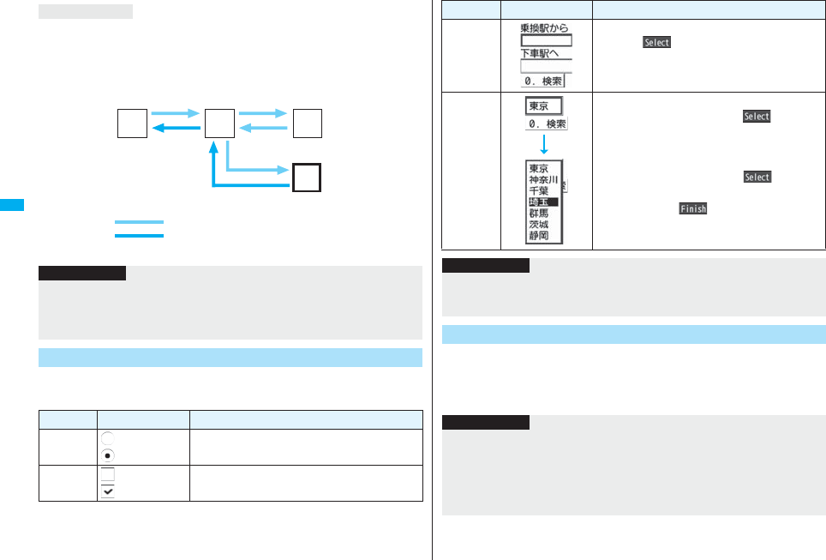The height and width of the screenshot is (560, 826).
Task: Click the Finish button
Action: click(x=692, y=208)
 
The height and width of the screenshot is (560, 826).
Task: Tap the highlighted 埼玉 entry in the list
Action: click(x=542, y=202)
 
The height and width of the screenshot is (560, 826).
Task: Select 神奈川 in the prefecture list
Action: click(x=543, y=180)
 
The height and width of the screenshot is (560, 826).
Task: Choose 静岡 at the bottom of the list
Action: click(x=539, y=236)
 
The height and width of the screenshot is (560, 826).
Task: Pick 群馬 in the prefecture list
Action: click(x=539, y=214)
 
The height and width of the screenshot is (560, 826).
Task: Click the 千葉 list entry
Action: click(x=539, y=191)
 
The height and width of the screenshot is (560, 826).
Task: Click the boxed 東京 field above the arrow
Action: click(x=543, y=106)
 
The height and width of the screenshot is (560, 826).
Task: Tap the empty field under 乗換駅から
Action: click(x=546, y=39)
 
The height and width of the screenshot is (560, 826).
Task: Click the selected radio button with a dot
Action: click(x=107, y=455)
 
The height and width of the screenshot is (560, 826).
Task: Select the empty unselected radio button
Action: click(x=107, y=436)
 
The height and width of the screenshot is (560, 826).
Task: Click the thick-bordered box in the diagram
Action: click(x=306, y=178)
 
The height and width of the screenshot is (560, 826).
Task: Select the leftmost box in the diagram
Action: click(x=132, y=123)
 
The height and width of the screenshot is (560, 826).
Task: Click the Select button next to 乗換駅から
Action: click(x=656, y=43)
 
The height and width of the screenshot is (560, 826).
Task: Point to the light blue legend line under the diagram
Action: click(x=138, y=222)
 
